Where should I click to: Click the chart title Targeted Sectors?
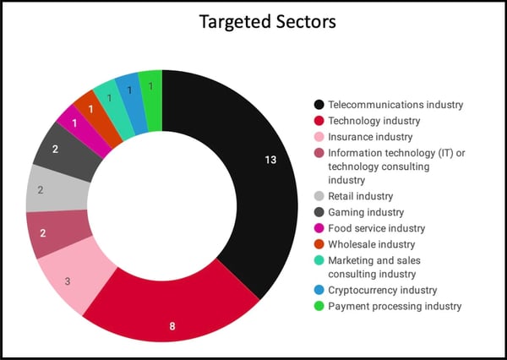tap(267, 22)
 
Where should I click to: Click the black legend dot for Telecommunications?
tap(319, 105)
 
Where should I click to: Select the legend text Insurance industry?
tap(370, 136)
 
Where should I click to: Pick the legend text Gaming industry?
tap(366, 212)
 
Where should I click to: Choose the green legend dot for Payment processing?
tap(319, 305)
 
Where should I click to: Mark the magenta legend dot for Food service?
tap(319, 228)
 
